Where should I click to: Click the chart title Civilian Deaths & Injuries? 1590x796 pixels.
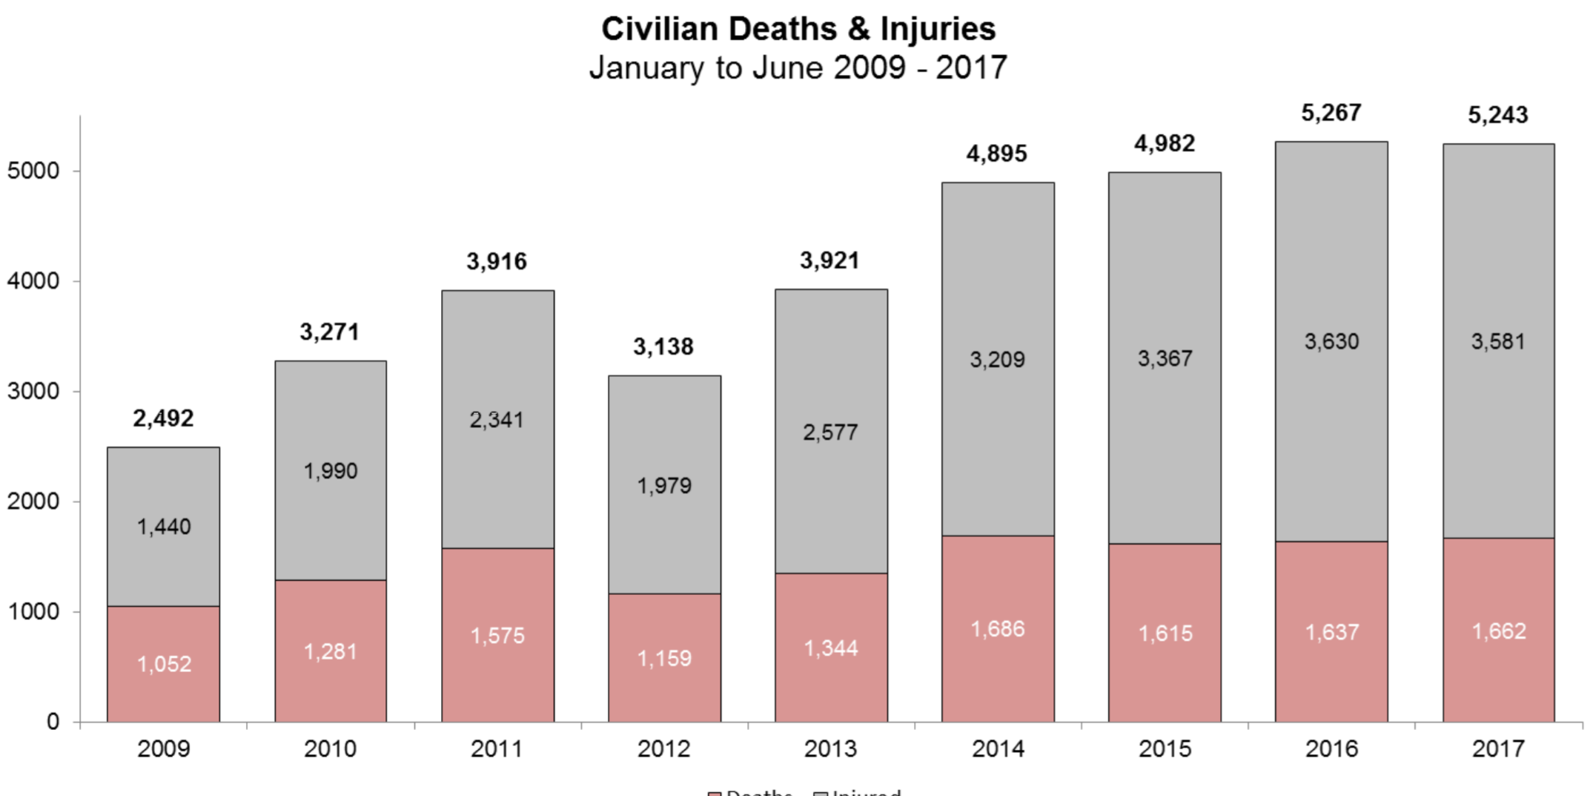click(x=798, y=29)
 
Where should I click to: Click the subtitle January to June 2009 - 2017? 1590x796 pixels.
click(x=798, y=68)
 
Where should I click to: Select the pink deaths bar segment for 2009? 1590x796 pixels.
click(x=163, y=697)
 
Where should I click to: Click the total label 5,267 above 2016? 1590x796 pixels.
click(x=1331, y=113)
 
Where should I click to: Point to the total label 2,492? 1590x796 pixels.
click(x=163, y=418)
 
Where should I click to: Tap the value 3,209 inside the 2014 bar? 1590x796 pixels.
click(x=998, y=360)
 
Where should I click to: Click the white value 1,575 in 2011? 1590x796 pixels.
click(x=497, y=636)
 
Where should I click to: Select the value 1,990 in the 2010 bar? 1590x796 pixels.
click(x=331, y=471)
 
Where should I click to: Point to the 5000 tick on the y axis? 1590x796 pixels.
click(x=33, y=171)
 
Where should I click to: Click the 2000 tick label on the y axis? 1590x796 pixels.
click(x=33, y=501)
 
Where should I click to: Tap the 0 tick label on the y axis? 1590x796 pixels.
click(x=53, y=721)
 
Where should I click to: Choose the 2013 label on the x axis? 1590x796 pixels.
click(x=830, y=749)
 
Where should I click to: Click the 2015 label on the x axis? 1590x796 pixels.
click(x=1165, y=749)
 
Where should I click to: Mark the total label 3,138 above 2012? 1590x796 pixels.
click(x=663, y=346)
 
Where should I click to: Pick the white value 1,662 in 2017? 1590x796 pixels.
click(x=1499, y=631)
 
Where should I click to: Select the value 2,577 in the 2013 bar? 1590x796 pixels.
click(x=830, y=432)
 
